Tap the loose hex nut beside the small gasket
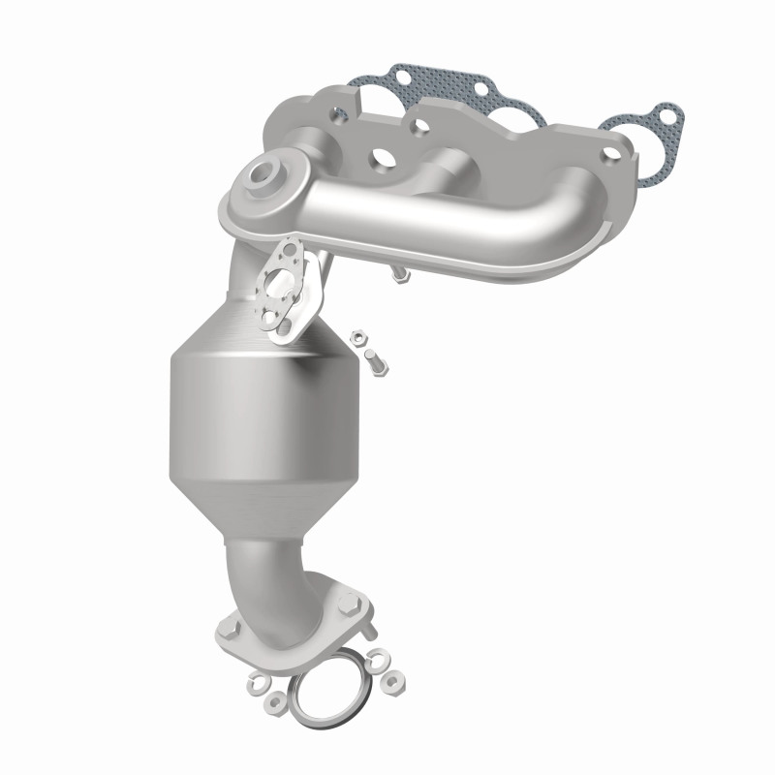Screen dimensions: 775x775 point(357,338)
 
